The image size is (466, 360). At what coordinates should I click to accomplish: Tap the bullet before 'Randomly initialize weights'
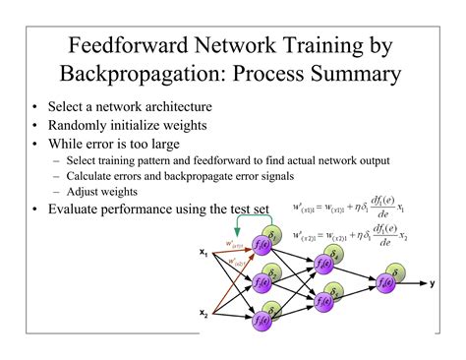click(35, 125)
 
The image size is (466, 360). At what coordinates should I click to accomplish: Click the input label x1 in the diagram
click(204, 253)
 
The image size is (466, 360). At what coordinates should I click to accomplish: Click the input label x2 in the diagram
click(204, 314)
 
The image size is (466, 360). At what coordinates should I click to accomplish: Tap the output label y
click(432, 283)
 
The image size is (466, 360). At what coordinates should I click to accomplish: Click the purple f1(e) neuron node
click(262, 245)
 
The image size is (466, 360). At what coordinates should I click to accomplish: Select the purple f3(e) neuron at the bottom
click(262, 321)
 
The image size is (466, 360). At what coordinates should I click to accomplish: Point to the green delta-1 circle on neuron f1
click(272, 233)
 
